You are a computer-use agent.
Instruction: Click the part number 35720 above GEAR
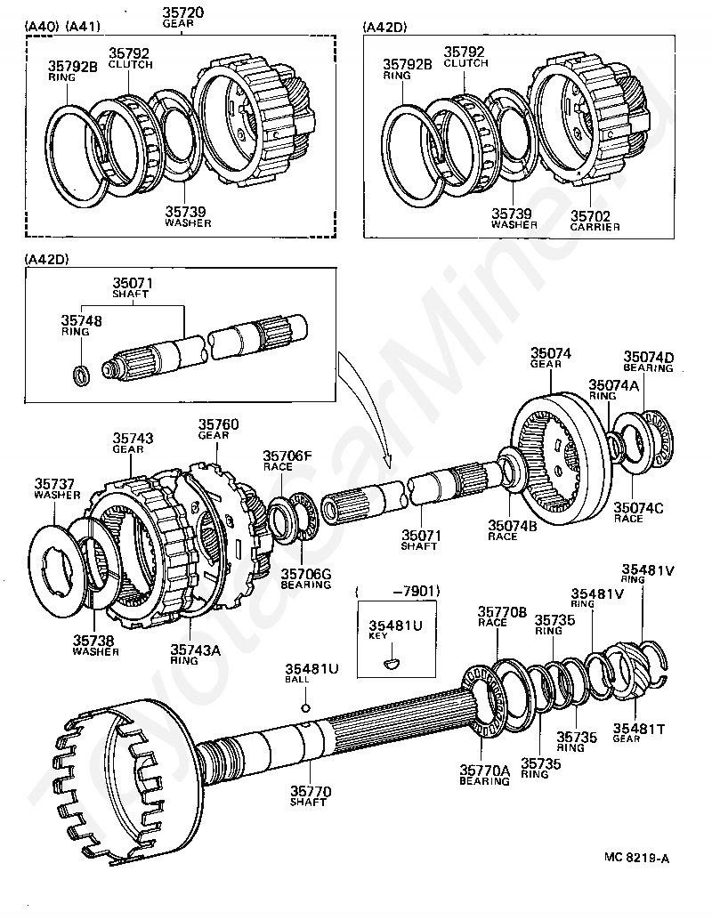182,12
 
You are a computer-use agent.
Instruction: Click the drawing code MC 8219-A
636,858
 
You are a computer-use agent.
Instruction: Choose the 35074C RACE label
636,513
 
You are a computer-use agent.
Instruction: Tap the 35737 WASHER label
56,488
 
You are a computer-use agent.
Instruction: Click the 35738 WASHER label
96,645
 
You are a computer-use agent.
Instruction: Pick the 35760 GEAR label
218,429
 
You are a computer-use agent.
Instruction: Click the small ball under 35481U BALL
305,708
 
